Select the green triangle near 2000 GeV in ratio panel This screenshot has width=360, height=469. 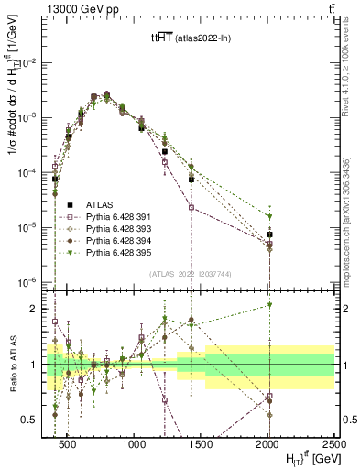[270, 304]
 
